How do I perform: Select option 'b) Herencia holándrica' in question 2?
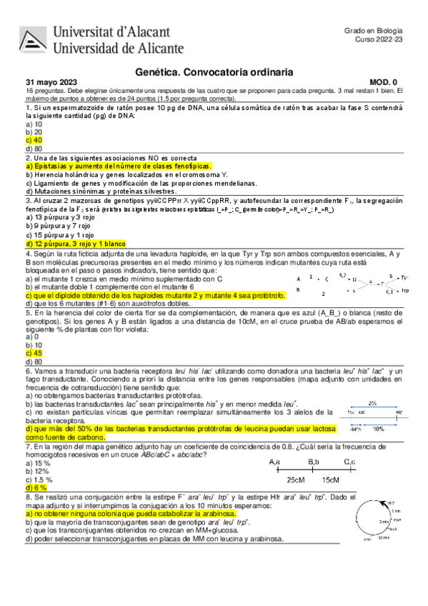(126, 174)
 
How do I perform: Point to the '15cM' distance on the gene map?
(331, 480)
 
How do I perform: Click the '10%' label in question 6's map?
(379, 429)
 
